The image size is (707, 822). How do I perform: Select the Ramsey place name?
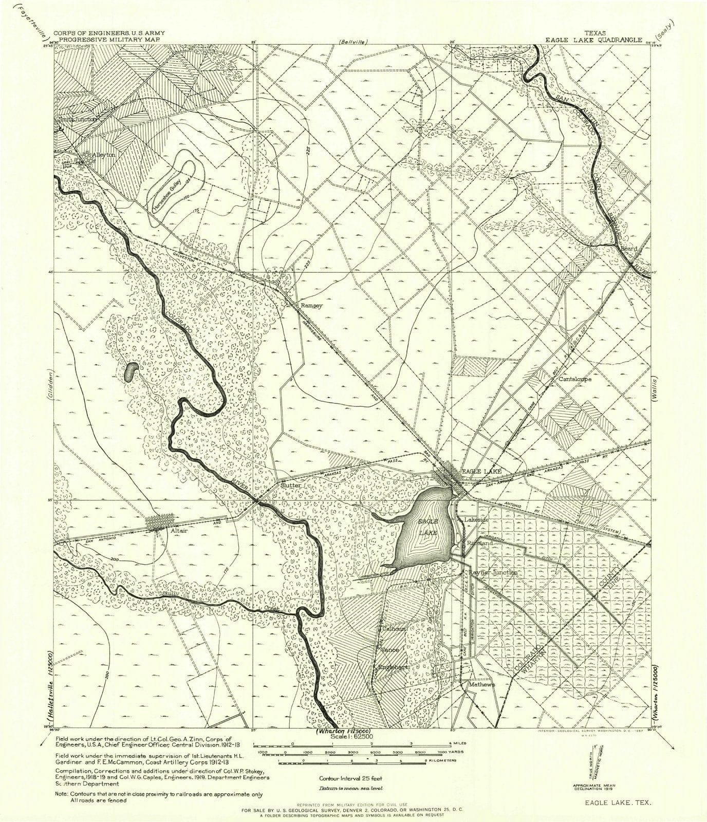point(311,305)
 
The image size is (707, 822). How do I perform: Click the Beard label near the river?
point(629,248)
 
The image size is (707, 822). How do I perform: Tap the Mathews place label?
point(481,684)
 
